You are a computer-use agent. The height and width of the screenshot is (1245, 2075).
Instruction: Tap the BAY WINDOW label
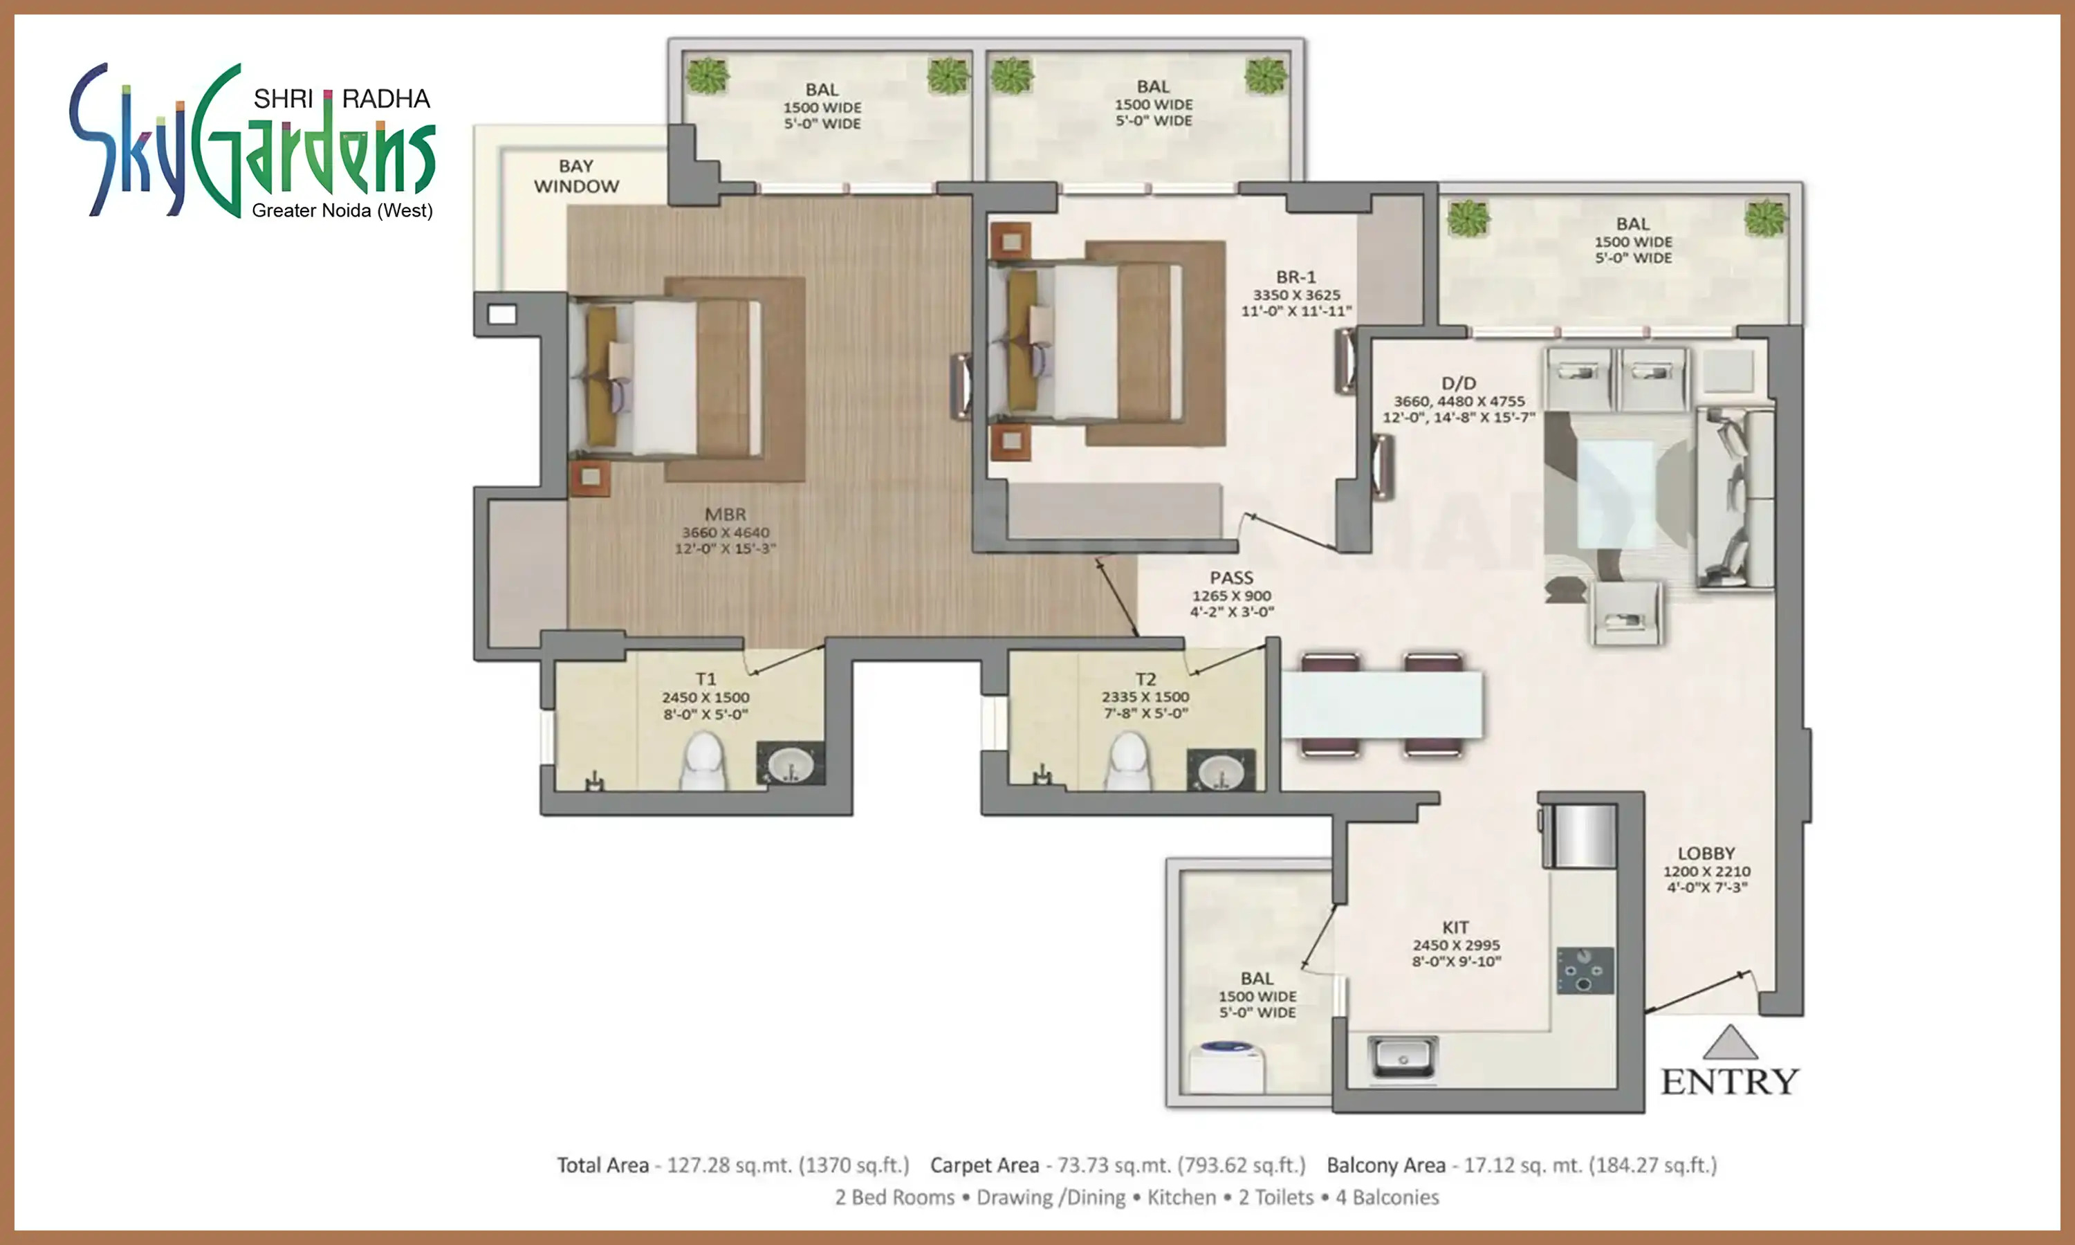(x=576, y=176)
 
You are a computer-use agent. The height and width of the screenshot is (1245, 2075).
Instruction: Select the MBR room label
(x=725, y=515)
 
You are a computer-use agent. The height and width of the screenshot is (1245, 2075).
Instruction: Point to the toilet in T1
(x=702, y=762)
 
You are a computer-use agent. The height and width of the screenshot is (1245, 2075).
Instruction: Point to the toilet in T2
(x=1129, y=762)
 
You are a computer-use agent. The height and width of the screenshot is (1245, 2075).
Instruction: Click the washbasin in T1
(x=790, y=764)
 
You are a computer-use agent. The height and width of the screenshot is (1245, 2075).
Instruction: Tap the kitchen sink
(x=1402, y=1056)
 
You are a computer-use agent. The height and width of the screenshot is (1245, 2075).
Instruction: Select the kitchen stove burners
(x=1585, y=970)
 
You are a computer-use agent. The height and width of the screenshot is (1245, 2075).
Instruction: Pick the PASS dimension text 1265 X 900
(x=1231, y=596)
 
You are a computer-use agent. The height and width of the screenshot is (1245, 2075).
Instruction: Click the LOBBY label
(x=1706, y=854)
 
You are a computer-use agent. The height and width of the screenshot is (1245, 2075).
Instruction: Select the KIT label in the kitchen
(x=1455, y=927)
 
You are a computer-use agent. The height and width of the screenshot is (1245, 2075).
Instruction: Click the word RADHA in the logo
(x=386, y=99)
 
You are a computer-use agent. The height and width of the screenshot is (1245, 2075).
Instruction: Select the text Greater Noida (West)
(x=342, y=210)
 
